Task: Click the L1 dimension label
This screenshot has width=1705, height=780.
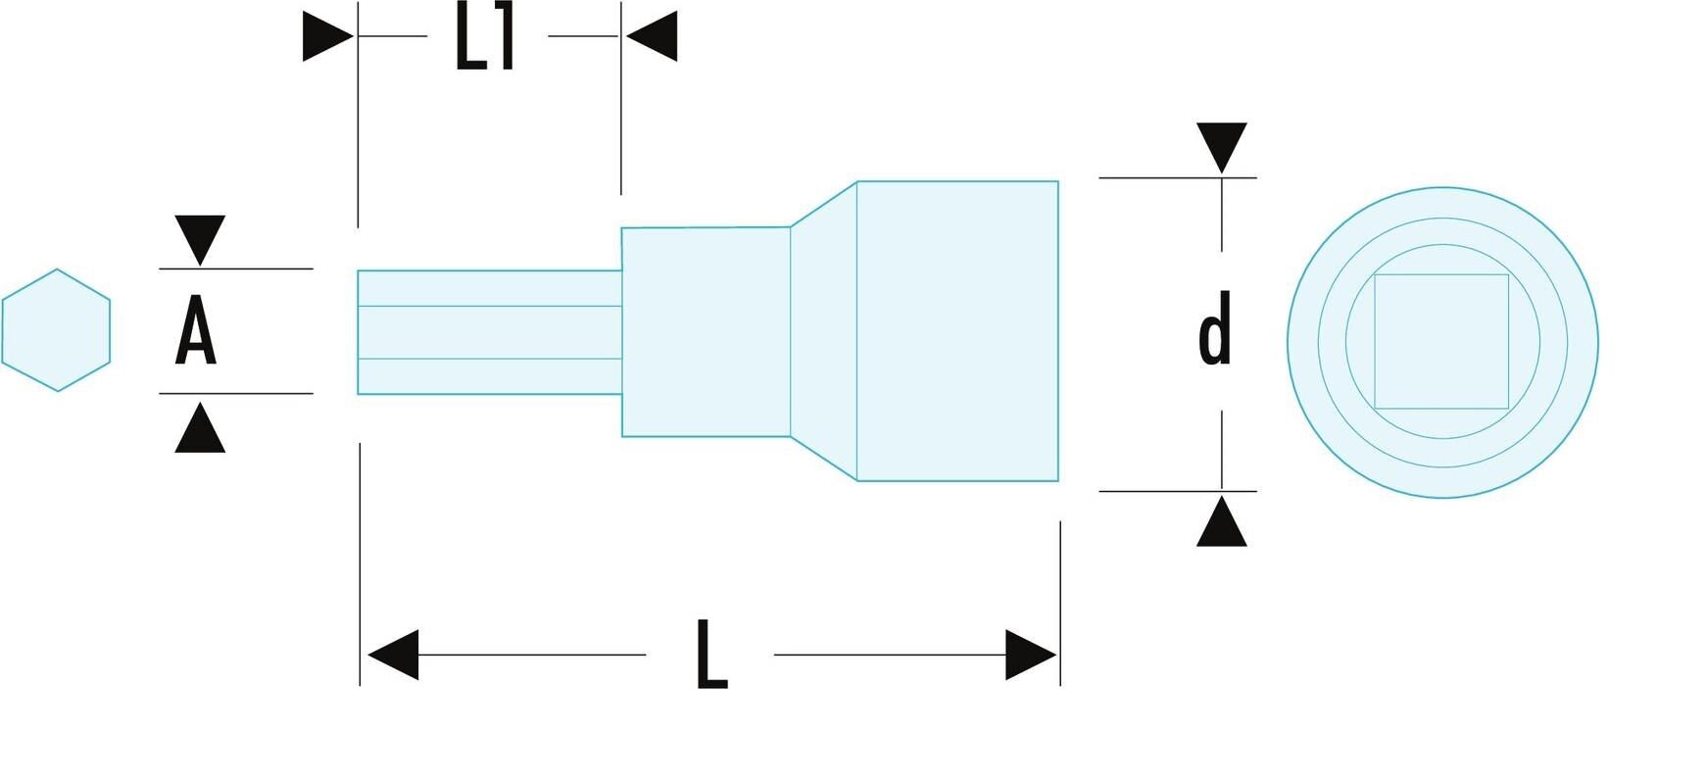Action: pyautogui.click(x=486, y=40)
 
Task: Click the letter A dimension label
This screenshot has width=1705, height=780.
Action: pyautogui.click(x=196, y=331)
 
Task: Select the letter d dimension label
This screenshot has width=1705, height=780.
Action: pyautogui.click(x=1215, y=329)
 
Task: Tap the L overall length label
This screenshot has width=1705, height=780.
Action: pyautogui.click(x=711, y=655)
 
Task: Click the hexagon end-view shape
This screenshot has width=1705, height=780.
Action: pyautogui.click(x=56, y=330)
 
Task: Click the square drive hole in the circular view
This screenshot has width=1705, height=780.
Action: pyautogui.click(x=1440, y=341)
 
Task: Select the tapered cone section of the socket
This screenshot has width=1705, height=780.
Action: pyautogui.click(x=824, y=331)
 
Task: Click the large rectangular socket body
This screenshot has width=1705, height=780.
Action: pyautogui.click(x=957, y=331)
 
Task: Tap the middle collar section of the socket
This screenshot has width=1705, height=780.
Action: pyautogui.click(x=706, y=331)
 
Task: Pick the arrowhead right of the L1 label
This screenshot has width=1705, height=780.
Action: pyautogui.click(x=653, y=36)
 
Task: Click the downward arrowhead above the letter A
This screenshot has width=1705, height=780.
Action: pyautogui.click(x=200, y=238)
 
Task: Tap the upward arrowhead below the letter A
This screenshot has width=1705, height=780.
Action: pyautogui.click(x=200, y=429)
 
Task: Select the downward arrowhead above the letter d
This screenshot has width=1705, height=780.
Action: pyautogui.click(x=1221, y=146)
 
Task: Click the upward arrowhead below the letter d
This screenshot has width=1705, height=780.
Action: pyautogui.click(x=1221, y=523)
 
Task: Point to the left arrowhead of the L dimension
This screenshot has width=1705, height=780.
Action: pyautogui.click(x=393, y=655)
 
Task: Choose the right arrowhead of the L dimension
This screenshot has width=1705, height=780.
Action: pyautogui.click(x=1030, y=655)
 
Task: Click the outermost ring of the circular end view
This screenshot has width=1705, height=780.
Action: pyautogui.click(x=1302, y=341)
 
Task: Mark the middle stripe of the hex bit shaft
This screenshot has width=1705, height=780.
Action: pyautogui.click(x=489, y=332)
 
